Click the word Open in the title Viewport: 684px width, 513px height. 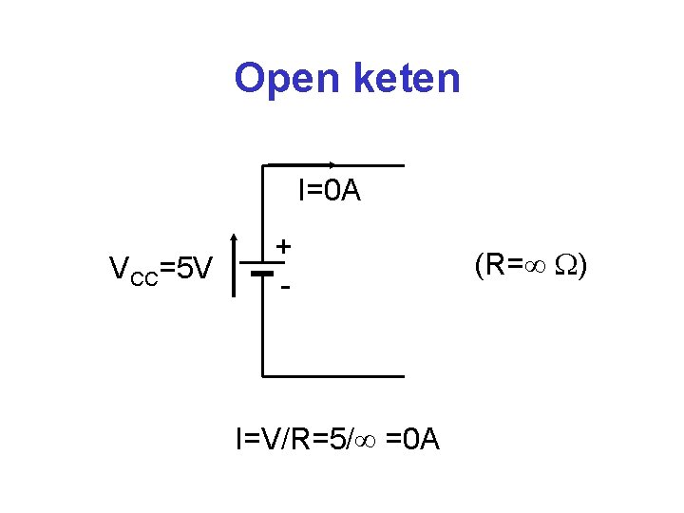[x=288, y=79]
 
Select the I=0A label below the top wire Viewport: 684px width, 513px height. [x=329, y=191]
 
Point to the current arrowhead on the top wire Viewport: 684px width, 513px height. [x=330, y=164]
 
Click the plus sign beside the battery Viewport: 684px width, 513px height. [x=283, y=246]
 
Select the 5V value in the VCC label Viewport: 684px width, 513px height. [x=195, y=270]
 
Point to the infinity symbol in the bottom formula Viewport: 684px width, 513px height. [x=369, y=440]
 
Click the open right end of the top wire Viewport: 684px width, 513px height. [x=403, y=165]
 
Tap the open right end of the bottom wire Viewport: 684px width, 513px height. [x=403, y=376]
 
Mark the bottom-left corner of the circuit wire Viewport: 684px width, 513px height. [x=263, y=376]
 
